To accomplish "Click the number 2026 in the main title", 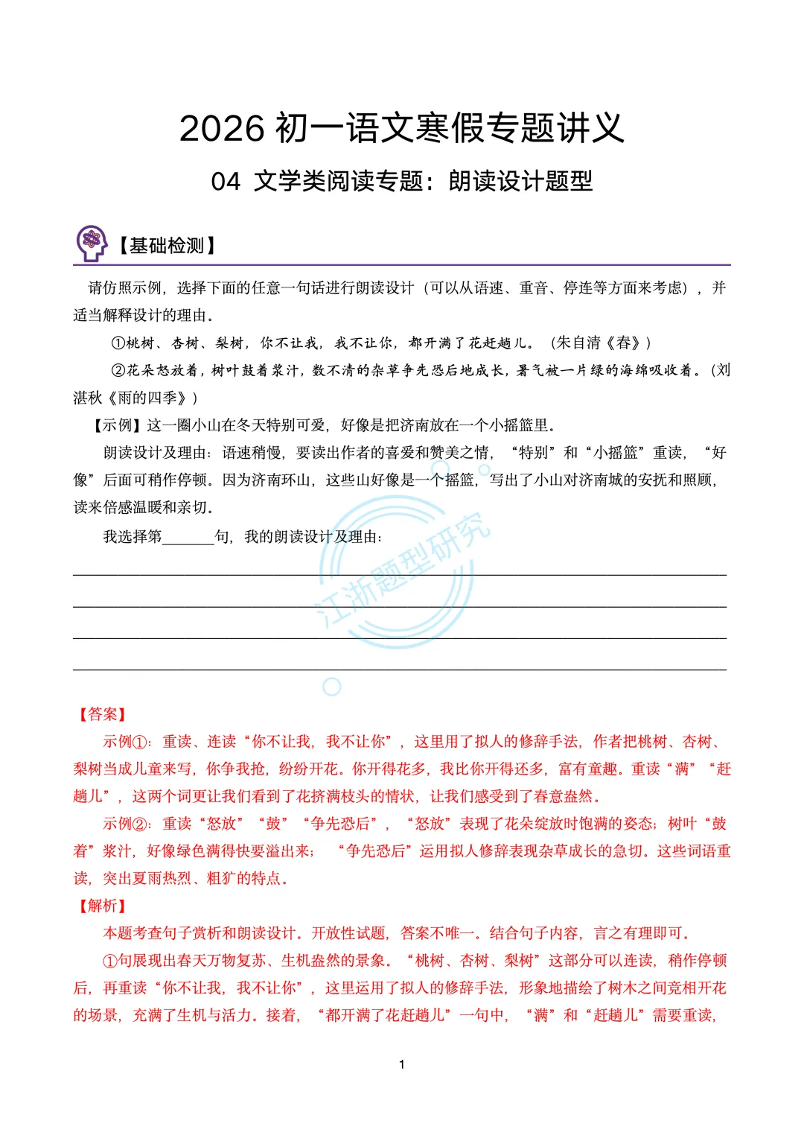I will (222, 129).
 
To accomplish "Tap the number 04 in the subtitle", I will (226, 182).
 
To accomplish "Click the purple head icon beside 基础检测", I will (92, 243).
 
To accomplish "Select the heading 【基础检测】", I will (167, 246).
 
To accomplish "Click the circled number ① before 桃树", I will (118, 343).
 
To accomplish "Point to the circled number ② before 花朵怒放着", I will (118, 371).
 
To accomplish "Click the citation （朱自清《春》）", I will (600, 343).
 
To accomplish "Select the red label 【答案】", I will (103, 714).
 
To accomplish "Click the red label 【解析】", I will (103, 906).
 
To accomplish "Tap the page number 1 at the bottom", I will (402, 1064).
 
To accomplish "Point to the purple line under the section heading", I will (402, 264).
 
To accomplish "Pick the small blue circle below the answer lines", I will (332, 687).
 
